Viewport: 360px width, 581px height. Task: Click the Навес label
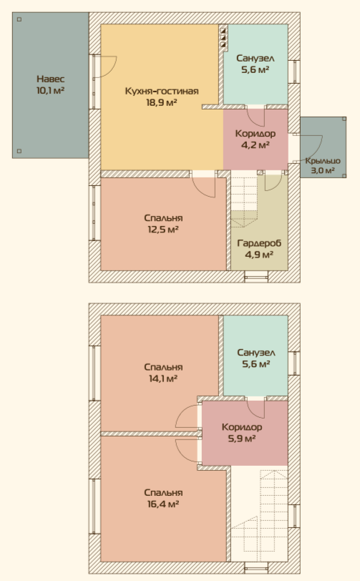point(50,79)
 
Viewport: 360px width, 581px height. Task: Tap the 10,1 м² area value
point(50,90)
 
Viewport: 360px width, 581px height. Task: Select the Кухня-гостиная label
point(162,91)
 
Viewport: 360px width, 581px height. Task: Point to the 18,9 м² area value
point(162,102)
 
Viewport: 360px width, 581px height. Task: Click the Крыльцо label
point(323,161)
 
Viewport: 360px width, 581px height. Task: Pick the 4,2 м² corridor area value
point(256,145)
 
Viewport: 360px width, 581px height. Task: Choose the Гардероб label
point(259,243)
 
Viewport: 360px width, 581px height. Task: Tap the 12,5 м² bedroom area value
point(163,230)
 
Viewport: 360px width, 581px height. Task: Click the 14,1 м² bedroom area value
point(163,379)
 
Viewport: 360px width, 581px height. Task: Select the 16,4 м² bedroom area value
point(163,504)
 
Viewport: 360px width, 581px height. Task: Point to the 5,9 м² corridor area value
point(242,439)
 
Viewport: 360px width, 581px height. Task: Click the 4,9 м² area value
point(259,255)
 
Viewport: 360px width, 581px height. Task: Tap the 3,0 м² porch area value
point(323,170)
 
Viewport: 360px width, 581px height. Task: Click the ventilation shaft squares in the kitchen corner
point(223,36)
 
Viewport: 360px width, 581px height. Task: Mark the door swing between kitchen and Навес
point(106,67)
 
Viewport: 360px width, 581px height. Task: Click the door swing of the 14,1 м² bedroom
point(188,416)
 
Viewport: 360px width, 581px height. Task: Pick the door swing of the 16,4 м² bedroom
point(188,450)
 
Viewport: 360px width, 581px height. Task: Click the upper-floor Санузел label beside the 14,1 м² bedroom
point(256,352)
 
